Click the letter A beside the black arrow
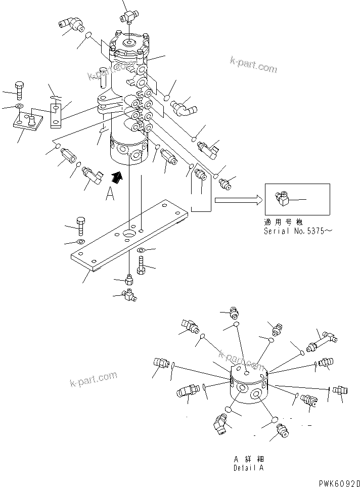pos(110,194)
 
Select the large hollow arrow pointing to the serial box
pos(238,200)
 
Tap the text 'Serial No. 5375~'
pos(298,231)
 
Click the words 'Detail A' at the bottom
pos(248,468)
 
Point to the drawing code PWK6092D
pos(339,482)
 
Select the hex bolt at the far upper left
pos(19,89)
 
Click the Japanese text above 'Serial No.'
pos(284,222)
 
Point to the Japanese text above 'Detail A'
pos(248,459)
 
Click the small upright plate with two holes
pos(56,112)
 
